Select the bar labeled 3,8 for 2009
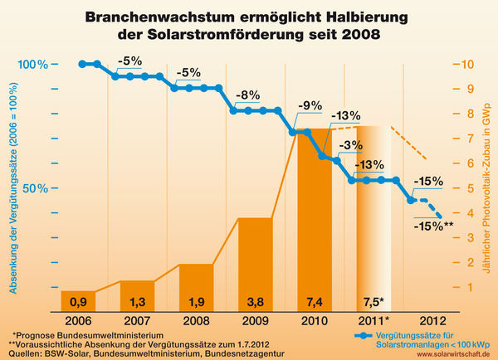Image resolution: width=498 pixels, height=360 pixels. tap(256, 265)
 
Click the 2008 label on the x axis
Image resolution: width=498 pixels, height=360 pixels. tap(197, 320)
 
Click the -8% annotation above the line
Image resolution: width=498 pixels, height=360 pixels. tap(247, 94)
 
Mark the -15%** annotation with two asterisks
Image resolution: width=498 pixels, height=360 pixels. tap(437, 225)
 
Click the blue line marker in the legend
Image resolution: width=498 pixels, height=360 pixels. tap(361, 336)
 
